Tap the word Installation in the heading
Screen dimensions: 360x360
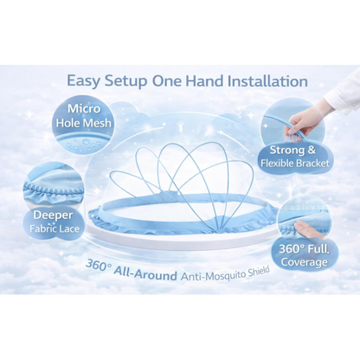coord(267,81)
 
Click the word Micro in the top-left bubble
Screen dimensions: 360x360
coord(84,109)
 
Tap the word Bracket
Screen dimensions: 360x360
coord(312,164)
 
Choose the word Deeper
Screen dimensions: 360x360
coord(53,215)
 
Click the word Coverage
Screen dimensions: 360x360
coord(305,262)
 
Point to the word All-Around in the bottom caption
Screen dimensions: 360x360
coord(145,273)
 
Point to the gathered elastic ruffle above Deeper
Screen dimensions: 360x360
coord(55,189)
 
